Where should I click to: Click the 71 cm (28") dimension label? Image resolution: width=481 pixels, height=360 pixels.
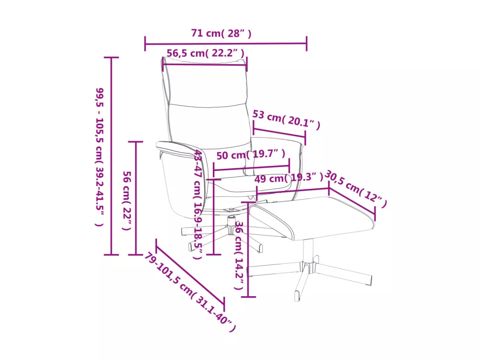[221, 33]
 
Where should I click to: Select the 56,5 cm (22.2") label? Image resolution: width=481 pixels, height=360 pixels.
[206, 53]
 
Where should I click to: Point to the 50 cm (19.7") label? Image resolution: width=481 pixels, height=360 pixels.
[251, 154]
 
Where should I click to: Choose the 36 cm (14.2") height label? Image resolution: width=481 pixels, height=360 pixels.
[239, 256]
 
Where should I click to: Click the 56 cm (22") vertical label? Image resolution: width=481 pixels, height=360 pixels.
[127, 201]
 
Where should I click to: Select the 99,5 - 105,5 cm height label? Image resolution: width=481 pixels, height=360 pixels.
[100, 157]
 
